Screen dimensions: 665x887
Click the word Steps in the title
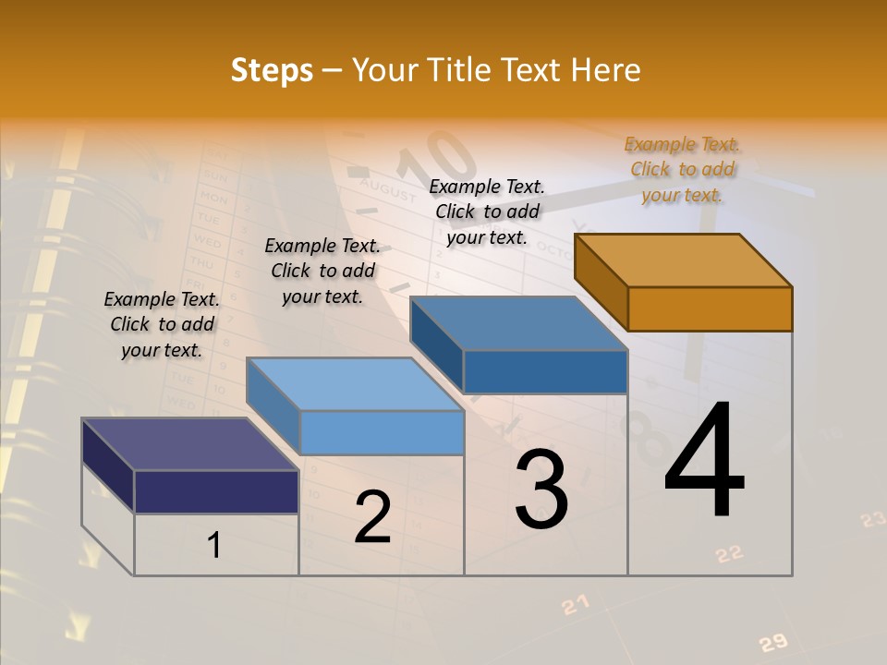point(272,70)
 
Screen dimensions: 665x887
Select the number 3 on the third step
point(541,490)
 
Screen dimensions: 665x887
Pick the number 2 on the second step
point(373,517)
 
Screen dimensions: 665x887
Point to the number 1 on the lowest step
point(214,546)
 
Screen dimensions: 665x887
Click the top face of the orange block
point(684,260)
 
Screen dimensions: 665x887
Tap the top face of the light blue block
point(356,383)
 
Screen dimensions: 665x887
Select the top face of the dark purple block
point(189,444)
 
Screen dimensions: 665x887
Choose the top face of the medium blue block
point(519,323)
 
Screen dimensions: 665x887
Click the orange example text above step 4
point(683,169)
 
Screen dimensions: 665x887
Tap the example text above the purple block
point(162,324)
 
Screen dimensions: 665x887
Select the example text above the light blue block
point(322,271)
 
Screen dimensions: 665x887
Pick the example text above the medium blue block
point(487,212)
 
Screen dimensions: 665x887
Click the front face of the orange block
point(710,308)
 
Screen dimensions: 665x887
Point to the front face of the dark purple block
point(216,491)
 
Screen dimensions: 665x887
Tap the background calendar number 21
point(576,605)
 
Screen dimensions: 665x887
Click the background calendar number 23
point(872,520)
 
